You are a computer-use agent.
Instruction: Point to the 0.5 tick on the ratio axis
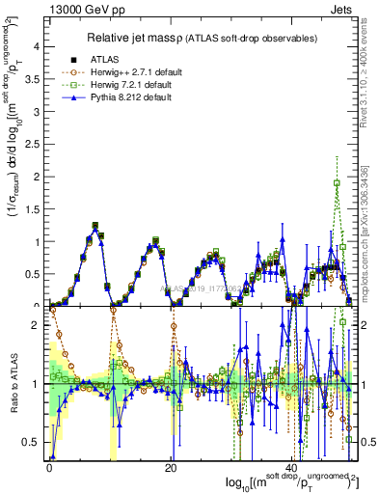click(x=34, y=443)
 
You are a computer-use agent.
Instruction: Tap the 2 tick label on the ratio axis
click(x=38, y=325)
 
